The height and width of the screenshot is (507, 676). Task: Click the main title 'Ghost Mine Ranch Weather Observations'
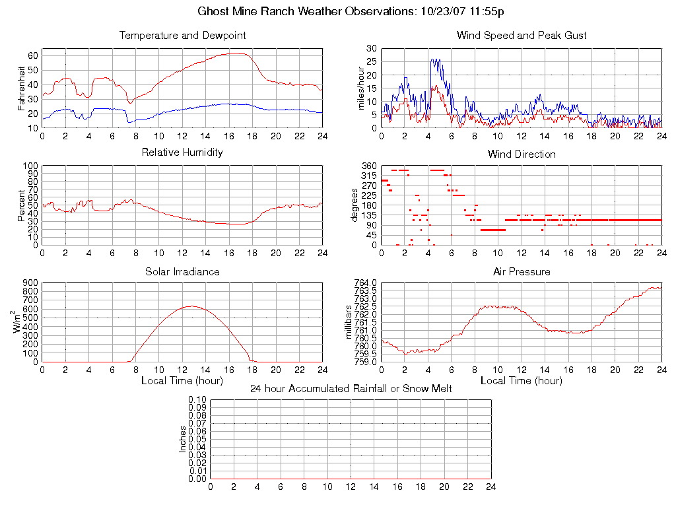point(308,11)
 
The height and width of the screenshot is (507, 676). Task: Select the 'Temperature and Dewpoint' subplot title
point(182,35)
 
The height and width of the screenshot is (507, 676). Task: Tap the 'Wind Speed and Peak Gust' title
point(522,35)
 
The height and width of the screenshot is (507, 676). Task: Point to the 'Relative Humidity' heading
point(182,152)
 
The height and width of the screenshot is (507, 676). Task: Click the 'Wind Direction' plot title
point(522,154)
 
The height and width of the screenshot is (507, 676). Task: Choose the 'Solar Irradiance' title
point(182,271)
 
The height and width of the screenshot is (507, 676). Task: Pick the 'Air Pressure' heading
point(522,271)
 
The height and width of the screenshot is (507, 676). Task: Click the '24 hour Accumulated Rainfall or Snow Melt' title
point(351,389)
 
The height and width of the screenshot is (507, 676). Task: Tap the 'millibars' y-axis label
point(350,322)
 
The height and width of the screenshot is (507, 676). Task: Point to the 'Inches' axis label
point(182,439)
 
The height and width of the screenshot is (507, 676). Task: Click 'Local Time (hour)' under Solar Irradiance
point(182,381)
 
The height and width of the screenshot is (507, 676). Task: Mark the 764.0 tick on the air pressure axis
point(366,283)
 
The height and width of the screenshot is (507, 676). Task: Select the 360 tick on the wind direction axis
point(369,166)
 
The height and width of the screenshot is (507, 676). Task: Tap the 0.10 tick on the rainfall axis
point(197,400)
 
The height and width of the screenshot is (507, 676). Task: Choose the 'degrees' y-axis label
point(355,205)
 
